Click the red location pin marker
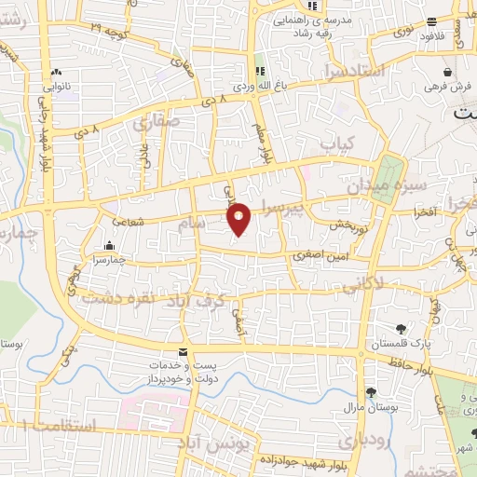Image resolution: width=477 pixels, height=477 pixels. tap(240, 219)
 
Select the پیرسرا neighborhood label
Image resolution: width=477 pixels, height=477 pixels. tap(282, 209)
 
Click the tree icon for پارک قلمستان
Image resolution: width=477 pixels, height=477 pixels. tap(402, 329)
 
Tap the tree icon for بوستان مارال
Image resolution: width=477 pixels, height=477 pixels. tap(371, 392)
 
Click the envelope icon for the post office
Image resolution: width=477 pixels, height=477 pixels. tap(181, 352)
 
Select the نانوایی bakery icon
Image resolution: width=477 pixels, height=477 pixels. tap(57, 73)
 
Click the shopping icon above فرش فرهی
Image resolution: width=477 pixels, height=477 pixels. tap(449, 71)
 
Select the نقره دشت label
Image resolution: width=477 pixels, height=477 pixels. tap(116, 299)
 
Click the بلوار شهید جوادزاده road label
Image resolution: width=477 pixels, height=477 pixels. tap(307, 463)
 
